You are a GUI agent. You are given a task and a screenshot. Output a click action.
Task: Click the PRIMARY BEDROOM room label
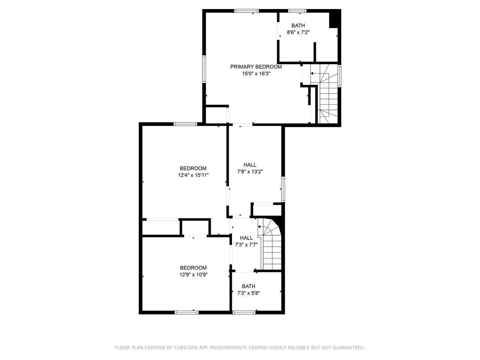tap(256, 67)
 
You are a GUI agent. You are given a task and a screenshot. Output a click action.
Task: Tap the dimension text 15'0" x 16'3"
tap(256, 73)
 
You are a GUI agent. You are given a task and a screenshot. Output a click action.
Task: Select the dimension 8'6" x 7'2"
tap(298, 32)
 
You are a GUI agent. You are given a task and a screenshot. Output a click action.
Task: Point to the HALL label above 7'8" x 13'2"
tap(250, 165)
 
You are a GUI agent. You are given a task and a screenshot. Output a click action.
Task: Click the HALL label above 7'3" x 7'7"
tap(246, 238)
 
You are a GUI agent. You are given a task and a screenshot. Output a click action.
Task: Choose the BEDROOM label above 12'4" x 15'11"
tap(193, 168)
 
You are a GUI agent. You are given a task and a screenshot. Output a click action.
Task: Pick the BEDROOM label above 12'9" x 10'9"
tap(193, 268)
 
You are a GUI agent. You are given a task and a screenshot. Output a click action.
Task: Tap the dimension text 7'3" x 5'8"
tap(249, 293)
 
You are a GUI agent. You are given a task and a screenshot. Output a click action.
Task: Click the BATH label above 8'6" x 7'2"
tap(298, 25)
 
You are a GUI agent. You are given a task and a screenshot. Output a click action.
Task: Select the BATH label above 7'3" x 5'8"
tap(249, 286)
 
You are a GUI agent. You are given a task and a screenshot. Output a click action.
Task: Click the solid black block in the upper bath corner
tap(335, 19)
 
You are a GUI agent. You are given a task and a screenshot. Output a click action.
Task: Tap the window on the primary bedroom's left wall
tap(204, 69)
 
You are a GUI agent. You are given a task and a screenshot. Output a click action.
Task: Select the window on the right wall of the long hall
tap(283, 189)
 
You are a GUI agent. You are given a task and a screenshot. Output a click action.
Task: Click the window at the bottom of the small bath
tap(244, 313)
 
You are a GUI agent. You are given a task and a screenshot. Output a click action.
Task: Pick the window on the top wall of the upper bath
tap(297, 11)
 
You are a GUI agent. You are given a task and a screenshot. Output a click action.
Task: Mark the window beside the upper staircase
tap(339, 76)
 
